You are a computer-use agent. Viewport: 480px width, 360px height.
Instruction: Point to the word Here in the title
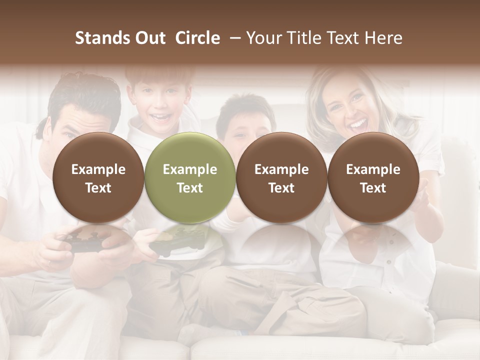[384, 38]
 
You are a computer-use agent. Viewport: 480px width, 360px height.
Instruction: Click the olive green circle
[190, 177]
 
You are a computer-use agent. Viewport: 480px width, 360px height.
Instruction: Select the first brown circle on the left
[98, 177]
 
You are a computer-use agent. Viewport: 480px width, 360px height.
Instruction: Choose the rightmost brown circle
[373, 177]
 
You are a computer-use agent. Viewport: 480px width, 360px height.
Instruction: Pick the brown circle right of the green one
[281, 177]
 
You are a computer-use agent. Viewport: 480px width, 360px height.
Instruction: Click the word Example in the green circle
[190, 169]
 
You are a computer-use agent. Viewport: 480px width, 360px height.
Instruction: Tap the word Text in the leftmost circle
[98, 188]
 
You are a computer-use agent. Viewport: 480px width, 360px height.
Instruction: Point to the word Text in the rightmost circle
[373, 188]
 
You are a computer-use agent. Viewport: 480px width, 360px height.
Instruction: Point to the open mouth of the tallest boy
[160, 118]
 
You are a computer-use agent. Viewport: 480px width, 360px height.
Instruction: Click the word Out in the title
[148, 38]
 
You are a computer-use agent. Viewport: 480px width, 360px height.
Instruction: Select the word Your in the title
[262, 38]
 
